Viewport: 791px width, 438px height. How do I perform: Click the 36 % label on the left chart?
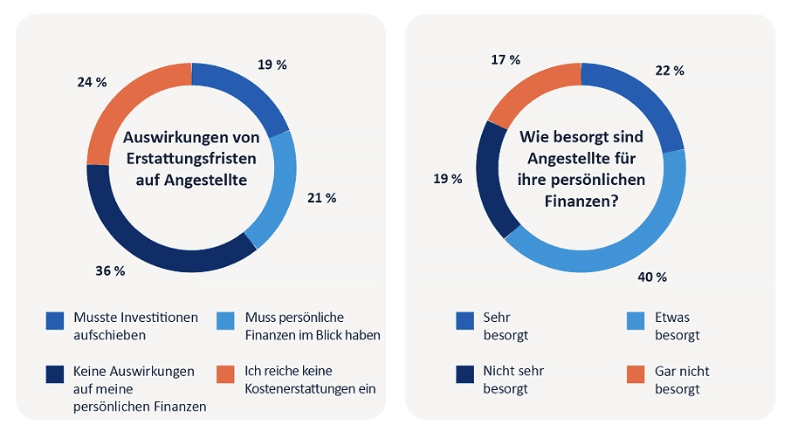coord(110,271)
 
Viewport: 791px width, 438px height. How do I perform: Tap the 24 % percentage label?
coord(92,82)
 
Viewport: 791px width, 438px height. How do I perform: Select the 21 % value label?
coord(322,198)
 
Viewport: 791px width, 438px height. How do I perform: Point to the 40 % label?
coord(652,277)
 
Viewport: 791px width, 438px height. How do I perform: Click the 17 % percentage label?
coord(506,60)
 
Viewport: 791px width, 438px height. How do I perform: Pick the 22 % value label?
coord(670,70)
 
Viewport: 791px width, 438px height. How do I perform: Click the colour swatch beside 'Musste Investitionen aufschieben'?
coord(56,322)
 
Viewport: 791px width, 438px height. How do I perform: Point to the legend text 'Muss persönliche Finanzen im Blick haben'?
coord(313,325)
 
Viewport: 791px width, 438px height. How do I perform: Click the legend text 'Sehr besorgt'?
coord(506,325)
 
